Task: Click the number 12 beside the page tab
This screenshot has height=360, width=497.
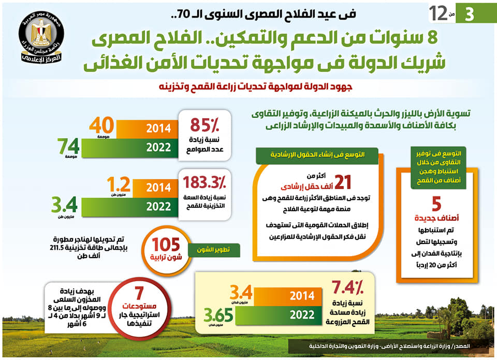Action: pyautogui.click(x=437, y=13)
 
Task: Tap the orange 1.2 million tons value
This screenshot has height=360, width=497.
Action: pyautogui.click(x=119, y=185)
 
